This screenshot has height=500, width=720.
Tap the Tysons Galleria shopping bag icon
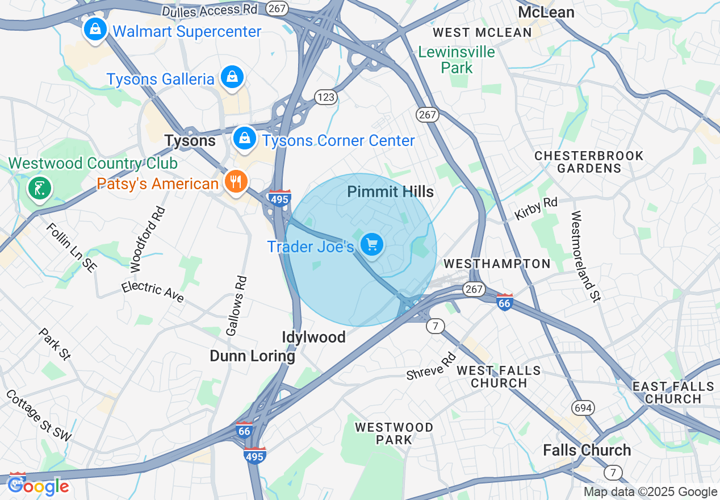pyautogui.click(x=232, y=77)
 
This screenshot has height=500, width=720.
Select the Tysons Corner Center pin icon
pyautogui.click(x=244, y=139)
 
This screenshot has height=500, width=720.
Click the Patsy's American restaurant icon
pyautogui.click(x=234, y=182)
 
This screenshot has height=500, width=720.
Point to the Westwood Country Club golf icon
pyautogui.click(x=39, y=188)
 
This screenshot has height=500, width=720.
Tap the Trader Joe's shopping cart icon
pyautogui.click(x=372, y=245)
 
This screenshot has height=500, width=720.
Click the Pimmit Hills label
pyautogui.click(x=390, y=192)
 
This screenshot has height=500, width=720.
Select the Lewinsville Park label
pyautogui.click(x=457, y=60)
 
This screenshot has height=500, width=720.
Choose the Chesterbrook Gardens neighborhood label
pyautogui.click(x=589, y=162)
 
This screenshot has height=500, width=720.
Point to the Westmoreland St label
pyautogui.click(x=585, y=256)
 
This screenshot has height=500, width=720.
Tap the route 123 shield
pyautogui.click(x=326, y=97)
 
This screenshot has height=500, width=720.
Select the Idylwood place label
pyautogui.click(x=313, y=338)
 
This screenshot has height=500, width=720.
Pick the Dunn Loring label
pyautogui.click(x=252, y=356)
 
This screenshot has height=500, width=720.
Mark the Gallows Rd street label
pyautogui.click(x=237, y=305)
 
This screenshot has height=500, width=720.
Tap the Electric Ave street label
pyautogui.click(x=153, y=292)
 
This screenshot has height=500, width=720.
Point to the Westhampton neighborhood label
pyautogui.click(x=496, y=264)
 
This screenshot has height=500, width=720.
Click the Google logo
pyautogui.click(x=38, y=486)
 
